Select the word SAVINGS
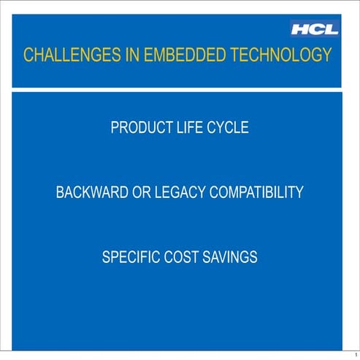click(x=230, y=258)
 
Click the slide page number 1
click(x=354, y=354)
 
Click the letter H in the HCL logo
click(x=301, y=30)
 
